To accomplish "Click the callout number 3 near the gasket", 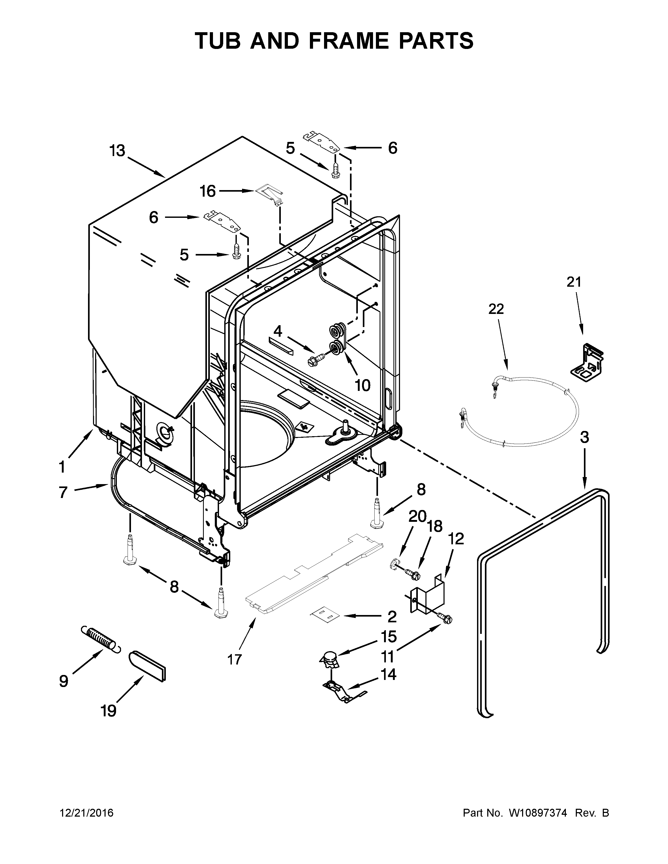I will pyautogui.click(x=584, y=437).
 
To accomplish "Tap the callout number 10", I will pyautogui.click(x=363, y=385).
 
